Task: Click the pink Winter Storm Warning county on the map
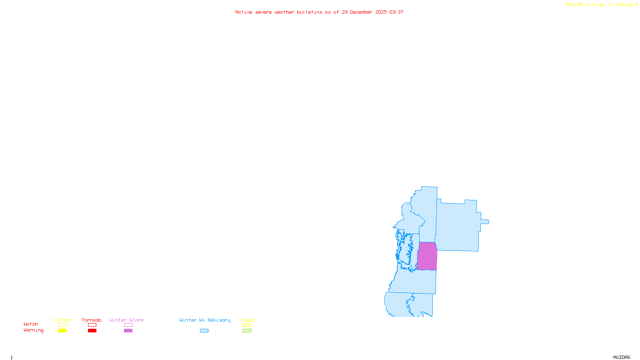(427, 256)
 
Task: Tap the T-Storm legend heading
(62, 320)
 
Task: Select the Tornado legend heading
(92, 320)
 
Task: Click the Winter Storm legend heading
(126, 320)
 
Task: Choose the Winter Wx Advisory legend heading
(205, 320)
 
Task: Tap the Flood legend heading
(247, 320)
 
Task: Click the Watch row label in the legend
(31, 324)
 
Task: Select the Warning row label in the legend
(34, 330)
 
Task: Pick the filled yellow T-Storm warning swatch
(62, 331)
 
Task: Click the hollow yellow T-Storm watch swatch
(62, 325)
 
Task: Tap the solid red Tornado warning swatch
(92, 331)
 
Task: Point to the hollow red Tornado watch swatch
(92, 325)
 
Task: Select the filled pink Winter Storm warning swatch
(128, 331)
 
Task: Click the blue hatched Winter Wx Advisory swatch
(204, 331)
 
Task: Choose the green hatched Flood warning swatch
(247, 331)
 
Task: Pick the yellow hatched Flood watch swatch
(247, 325)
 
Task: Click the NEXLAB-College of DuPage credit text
(599, 5)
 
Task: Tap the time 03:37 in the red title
(396, 12)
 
